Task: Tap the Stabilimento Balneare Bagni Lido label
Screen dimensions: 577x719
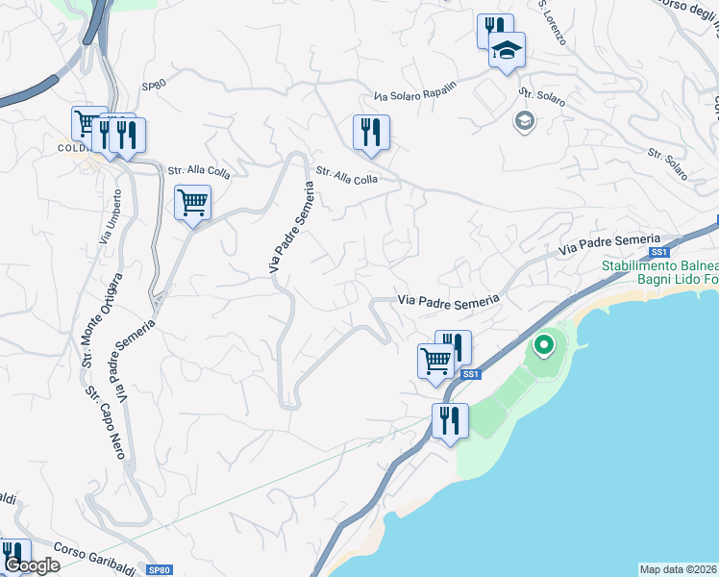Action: pos(660,272)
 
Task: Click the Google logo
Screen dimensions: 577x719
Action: pos(31,565)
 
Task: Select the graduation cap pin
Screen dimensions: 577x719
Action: pos(507,51)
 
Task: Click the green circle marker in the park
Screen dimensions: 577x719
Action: pos(544,343)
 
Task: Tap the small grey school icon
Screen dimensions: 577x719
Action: pos(524,121)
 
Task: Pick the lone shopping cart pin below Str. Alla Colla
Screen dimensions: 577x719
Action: pos(193,204)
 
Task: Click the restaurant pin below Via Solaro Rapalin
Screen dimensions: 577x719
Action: pos(371,132)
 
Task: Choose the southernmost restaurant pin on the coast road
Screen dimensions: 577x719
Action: pos(450,421)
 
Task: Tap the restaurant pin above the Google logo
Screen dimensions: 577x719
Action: pos(13,553)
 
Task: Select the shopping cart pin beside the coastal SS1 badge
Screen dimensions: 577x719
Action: pos(436,362)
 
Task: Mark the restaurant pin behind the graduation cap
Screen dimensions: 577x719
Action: pos(491,28)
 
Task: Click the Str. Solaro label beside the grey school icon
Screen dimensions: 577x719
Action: pos(542,98)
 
